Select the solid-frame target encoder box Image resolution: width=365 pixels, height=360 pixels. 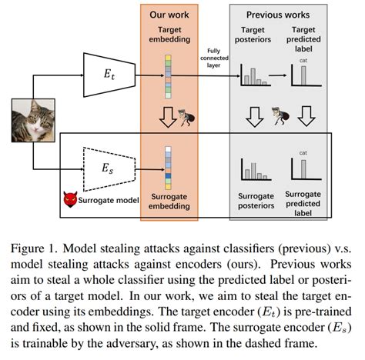[107, 75]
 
